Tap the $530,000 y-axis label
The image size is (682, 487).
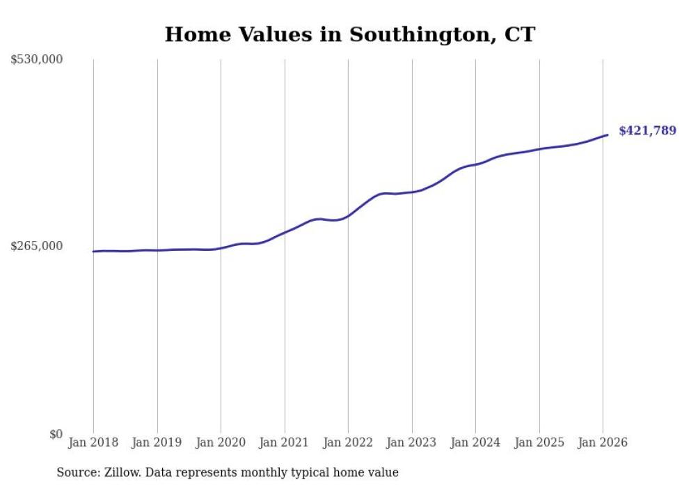pyautogui.click(x=36, y=60)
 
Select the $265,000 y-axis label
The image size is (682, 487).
pyautogui.click(x=36, y=246)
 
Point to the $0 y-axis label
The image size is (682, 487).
pyautogui.click(x=55, y=434)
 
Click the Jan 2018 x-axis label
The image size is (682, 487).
pyautogui.click(x=93, y=443)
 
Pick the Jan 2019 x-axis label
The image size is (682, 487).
pyautogui.click(x=157, y=443)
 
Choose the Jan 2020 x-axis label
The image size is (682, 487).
pyautogui.click(x=221, y=443)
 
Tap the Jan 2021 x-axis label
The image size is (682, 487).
pyautogui.click(x=285, y=443)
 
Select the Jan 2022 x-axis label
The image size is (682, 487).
pyautogui.click(x=348, y=443)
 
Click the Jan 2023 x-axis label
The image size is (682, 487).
pyautogui.click(x=412, y=443)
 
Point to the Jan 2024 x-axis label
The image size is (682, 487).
pyautogui.click(x=475, y=443)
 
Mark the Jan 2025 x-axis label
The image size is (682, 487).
pyautogui.click(x=539, y=443)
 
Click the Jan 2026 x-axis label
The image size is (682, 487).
pyautogui.click(x=603, y=443)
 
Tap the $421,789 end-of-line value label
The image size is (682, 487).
pyautogui.click(x=647, y=131)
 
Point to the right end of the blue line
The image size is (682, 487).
pyautogui.click(x=608, y=134)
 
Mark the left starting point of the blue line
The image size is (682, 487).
pyautogui.click(x=93, y=252)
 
